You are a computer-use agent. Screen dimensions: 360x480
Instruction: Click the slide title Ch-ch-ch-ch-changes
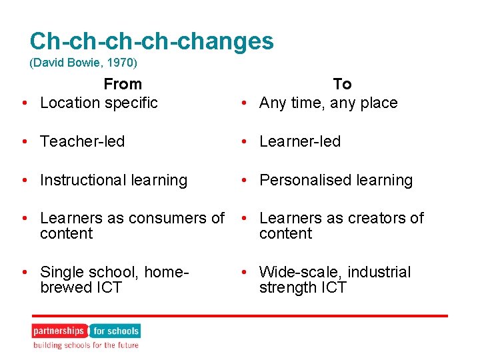151,41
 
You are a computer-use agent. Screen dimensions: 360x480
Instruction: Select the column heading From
123,84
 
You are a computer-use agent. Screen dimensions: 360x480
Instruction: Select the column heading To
342,84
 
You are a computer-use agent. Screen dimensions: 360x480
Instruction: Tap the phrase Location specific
99,103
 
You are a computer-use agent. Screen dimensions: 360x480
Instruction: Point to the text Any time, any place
328,103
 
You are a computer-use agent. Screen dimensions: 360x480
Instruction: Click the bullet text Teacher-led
82,141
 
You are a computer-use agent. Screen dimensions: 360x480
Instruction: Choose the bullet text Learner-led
300,141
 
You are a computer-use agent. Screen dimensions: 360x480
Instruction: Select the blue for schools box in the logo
115,331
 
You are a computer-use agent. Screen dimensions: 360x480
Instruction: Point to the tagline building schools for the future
86,345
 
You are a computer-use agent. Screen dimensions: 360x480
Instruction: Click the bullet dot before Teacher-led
24,141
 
